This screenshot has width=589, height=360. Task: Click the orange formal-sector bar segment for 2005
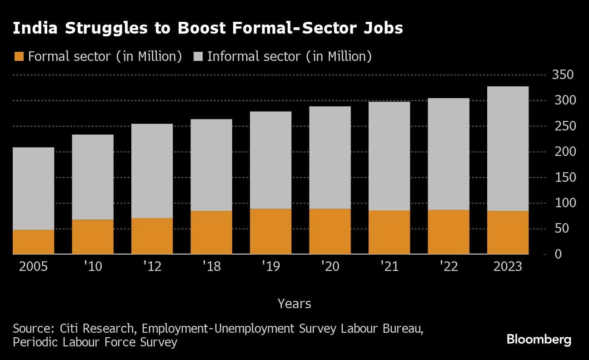[x=33, y=242]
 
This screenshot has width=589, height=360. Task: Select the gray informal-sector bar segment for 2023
[x=508, y=149]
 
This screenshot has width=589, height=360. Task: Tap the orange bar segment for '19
[x=270, y=231]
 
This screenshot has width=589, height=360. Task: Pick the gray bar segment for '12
[x=152, y=171]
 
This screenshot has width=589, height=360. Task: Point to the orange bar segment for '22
[x=448, y=232]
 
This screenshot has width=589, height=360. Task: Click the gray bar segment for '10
[x=93, y=177]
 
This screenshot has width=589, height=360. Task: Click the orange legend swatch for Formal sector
[x=19, y=57]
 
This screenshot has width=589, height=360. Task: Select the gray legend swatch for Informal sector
[x=198, y=57]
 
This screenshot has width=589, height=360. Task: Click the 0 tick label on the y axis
[x=558, y=254]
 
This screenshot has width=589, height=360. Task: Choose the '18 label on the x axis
[x=211, y=266]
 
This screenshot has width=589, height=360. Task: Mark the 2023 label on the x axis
[x=508, y=266]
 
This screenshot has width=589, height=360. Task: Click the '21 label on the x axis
[x=389, y=266]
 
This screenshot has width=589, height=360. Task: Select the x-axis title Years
[x=294, y=303]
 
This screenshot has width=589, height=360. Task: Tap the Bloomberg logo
[x=539, y=340]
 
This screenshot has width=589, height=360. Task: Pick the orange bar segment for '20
[x=329, y=231]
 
